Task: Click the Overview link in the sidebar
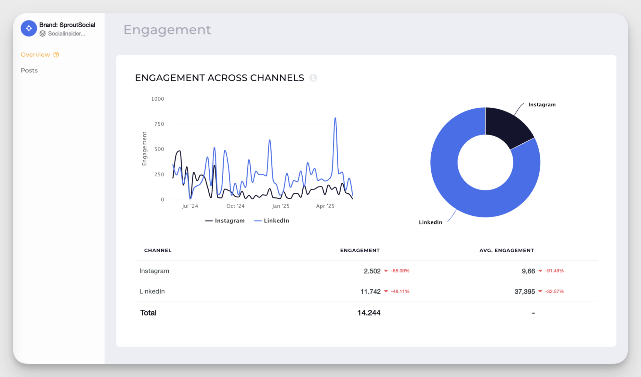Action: [35, 54]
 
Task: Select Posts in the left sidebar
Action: [29, 70]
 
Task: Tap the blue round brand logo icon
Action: [29, 29]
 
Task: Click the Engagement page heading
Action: [167, 30]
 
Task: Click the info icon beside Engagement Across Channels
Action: [313, 78]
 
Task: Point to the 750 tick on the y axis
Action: [159, 124]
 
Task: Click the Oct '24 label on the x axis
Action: [235, 206]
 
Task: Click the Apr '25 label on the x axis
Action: [325, 206]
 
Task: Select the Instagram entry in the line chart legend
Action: [225, 221]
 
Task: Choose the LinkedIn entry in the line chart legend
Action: [272, 221]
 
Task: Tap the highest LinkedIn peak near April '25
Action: [335, 118]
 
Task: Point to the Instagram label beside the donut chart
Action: [542, 105]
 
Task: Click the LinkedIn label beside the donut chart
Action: [430, 222]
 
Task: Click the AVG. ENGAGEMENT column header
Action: [506, 250]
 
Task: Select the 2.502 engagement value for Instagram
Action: [372, 271]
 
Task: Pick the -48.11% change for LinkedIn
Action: [400, 291]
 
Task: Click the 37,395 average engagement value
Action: [525, 292]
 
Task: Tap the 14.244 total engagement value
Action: [369, 313]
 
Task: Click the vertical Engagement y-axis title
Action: [144, 149]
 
